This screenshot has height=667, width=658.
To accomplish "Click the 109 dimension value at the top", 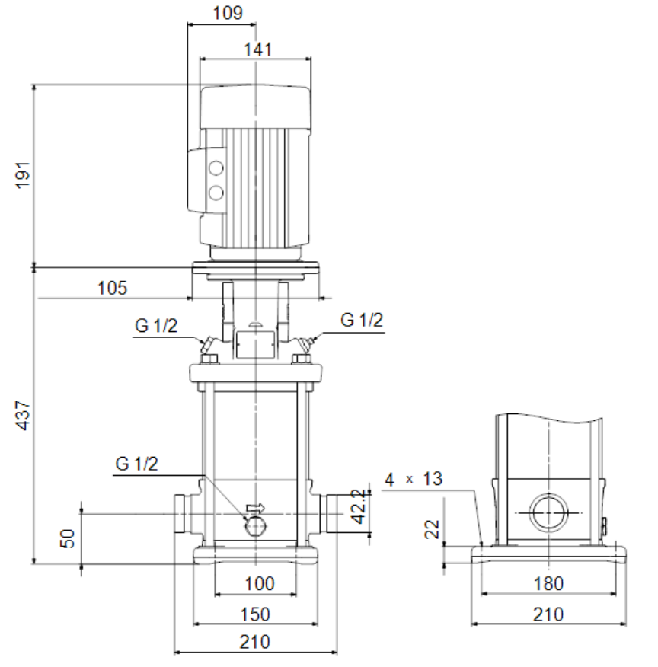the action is (228, 13).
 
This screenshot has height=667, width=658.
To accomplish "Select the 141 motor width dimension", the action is (257, 49).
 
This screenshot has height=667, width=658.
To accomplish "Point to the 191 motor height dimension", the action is (23, 175).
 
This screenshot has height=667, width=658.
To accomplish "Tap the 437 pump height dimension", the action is (23, 415).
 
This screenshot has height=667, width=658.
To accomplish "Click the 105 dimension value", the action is (112, 288).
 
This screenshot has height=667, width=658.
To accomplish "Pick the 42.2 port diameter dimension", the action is (359, 506).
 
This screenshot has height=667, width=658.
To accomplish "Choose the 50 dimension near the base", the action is (67, 538).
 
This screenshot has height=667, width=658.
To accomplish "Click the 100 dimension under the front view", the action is (260, 583).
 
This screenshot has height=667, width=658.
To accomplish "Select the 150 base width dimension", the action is (255, 614).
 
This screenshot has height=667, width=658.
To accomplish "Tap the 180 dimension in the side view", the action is (548, 583).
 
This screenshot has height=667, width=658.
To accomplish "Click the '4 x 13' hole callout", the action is (414, 480).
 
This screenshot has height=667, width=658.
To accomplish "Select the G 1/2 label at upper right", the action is (362, 320).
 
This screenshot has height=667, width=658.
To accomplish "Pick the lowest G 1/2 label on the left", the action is (136, 463).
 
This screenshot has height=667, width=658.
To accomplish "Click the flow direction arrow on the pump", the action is (256, 507).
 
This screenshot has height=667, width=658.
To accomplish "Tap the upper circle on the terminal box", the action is (216, 168).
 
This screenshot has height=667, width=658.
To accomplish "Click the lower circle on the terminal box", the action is (216, 193).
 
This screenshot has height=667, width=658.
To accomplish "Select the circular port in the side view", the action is (548, 512).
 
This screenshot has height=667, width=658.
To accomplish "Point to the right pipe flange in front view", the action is (331, 513).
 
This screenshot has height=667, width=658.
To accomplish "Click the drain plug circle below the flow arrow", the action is (255, 526).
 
